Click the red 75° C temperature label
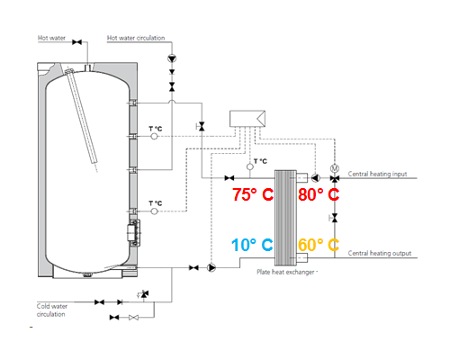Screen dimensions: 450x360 (253, 194)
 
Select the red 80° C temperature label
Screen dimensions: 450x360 (319, 194)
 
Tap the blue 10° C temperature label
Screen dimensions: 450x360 (252, 245)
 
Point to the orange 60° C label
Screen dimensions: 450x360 (319, 245)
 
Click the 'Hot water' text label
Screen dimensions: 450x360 (51, 38)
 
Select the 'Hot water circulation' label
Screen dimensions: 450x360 (136, 38)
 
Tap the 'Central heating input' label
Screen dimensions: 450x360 (377, 174)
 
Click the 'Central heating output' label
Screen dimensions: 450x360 (380, 253)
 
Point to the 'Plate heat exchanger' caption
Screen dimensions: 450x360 (285, 272)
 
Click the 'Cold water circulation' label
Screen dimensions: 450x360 (52, 310)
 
